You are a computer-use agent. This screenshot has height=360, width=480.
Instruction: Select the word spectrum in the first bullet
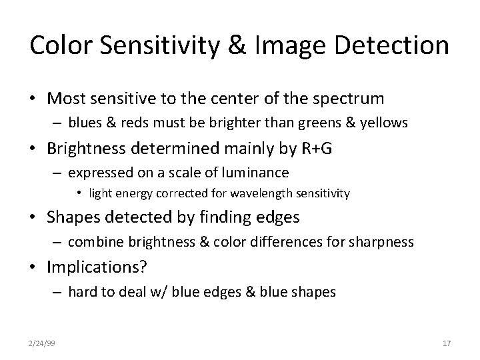[x=346, y=99]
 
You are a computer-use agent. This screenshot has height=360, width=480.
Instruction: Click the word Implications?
[x=98, y=267]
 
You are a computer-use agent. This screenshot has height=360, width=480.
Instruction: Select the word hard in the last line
[x=83, y=291]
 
